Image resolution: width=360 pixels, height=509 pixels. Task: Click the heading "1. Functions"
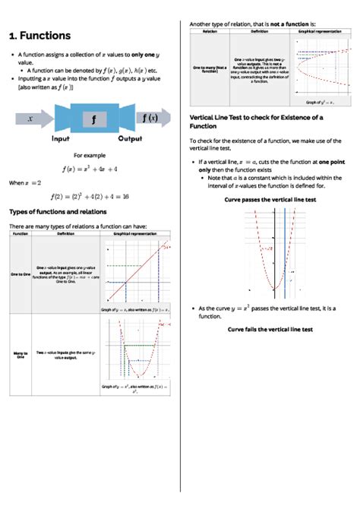[39, 36]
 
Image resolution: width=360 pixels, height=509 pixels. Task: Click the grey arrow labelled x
[31, 119]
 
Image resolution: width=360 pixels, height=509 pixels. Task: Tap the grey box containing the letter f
[93, 119]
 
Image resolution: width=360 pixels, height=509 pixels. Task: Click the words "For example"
[94, 154]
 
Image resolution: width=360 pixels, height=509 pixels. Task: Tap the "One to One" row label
[21, 274]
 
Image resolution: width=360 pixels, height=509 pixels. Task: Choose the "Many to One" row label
[21, 354]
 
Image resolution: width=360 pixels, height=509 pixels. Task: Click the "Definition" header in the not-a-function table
[259, 32]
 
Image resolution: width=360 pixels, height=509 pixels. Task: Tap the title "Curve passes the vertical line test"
[270, 199]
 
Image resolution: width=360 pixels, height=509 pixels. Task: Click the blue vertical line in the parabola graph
[285, 251]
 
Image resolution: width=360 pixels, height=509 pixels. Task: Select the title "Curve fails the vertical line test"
[270, 330]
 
